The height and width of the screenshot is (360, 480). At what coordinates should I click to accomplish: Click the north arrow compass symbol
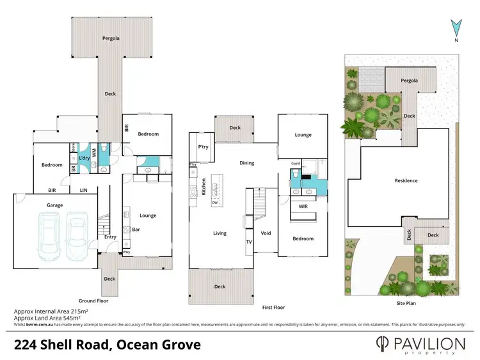click(x=456, y=29)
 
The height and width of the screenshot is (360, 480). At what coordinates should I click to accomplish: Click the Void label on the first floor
click(x=266, y=233)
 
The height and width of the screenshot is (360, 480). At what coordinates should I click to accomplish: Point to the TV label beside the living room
click(x=249, y=242)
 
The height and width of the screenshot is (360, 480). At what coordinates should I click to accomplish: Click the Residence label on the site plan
click(x=406, y=181)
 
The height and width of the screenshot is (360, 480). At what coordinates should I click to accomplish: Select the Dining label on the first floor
click(x=247, y=163)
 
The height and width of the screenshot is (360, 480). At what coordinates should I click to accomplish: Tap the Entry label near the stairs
click(x=110, y=237)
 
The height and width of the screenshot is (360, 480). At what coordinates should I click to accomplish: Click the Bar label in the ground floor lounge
click(x=136, y=229)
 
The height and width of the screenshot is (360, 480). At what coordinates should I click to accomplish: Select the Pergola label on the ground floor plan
click(x=111, y=38)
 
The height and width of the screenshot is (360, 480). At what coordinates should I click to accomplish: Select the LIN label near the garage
click(x=83, y=190)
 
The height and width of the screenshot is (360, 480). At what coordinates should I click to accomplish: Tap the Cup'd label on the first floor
click(x=296, y=164)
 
